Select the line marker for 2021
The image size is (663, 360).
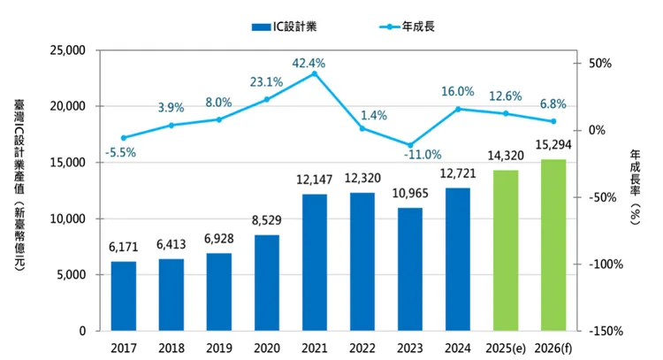(x=315, y=73)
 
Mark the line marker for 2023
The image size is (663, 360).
(x=410, y=144)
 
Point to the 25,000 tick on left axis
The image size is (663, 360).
(x=66, y=50)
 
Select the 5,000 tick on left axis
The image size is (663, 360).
(x=70, y=274)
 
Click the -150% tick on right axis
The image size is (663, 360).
(x=609, y=331)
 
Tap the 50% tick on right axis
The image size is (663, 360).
(x=600, y=63)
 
